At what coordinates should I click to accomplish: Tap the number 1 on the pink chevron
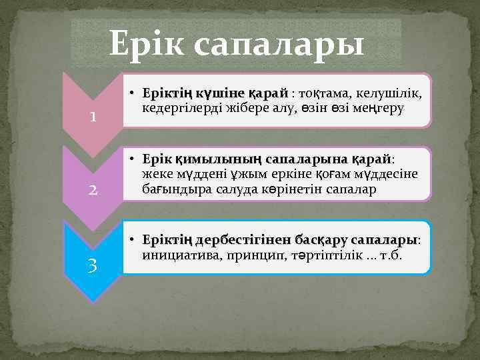click(x=95, y=116)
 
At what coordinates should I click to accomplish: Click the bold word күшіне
click(x=223, y=92)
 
